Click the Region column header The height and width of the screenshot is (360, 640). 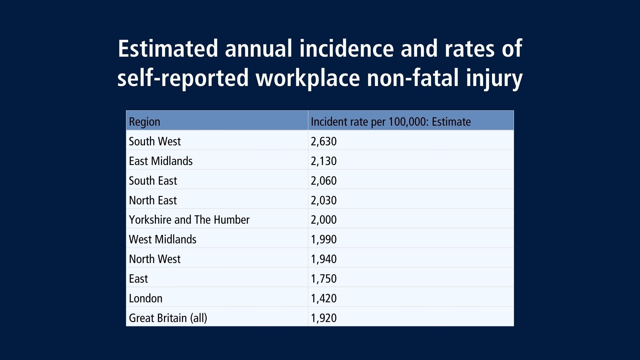tap(144, 122)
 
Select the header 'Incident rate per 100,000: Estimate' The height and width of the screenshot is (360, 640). tap(391, 122)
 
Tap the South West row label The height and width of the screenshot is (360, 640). tap(155, 141)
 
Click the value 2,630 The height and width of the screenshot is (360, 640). tap(324, 141)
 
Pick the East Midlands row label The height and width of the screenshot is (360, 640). tap(161, 161)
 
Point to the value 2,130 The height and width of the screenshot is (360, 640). tap(324, 161)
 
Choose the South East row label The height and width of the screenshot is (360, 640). tap(153, 181)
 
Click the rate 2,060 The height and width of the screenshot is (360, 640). tap(324, 181)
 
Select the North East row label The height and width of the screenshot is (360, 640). tap(153, 200)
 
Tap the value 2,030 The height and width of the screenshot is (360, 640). tap(324, 200)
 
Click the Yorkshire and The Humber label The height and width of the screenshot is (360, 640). tap(189, 220)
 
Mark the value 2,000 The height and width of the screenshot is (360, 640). tap(324, 220)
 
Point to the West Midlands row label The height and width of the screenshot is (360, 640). tap(163, 239)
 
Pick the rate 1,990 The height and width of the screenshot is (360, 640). tap(324, 239)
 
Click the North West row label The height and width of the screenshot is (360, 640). tap(155, 259)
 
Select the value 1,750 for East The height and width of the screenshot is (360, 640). tap(324, 279)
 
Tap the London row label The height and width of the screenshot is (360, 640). tap(146, 298)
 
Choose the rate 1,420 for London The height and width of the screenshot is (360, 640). tap(324, 298)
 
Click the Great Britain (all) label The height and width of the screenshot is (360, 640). tap(168, 318)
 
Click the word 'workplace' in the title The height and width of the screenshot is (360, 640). tap(308, 78)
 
